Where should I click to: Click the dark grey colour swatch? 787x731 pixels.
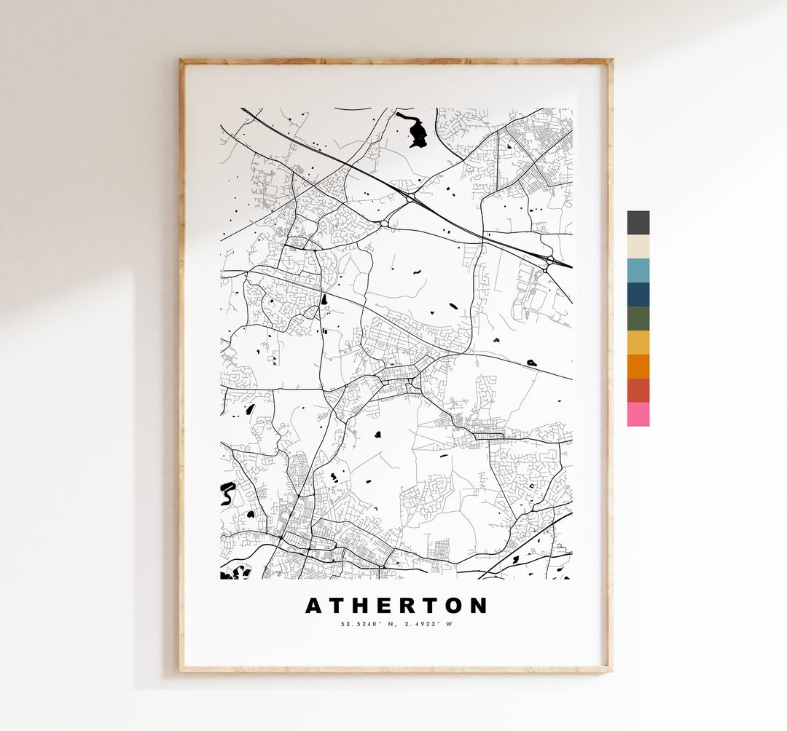point(638,223)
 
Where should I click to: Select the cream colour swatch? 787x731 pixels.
point(638,247)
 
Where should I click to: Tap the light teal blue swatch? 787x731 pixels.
point(638,271)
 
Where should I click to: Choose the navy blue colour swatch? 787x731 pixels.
point(638,295)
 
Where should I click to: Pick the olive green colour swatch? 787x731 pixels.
point(638,319)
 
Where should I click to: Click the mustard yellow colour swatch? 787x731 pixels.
point(638,343)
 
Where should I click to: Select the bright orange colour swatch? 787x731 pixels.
point(638,366)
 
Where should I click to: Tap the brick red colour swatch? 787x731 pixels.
point(638,390)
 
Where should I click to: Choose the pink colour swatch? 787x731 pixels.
point(638,414)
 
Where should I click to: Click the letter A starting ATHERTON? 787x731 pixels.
point(313,606)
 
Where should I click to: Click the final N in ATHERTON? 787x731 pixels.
point(479,606)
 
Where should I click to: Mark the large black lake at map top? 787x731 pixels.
point(418,133)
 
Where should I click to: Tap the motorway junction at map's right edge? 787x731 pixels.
point(547,261)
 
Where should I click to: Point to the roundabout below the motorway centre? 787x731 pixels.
point(383,223)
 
